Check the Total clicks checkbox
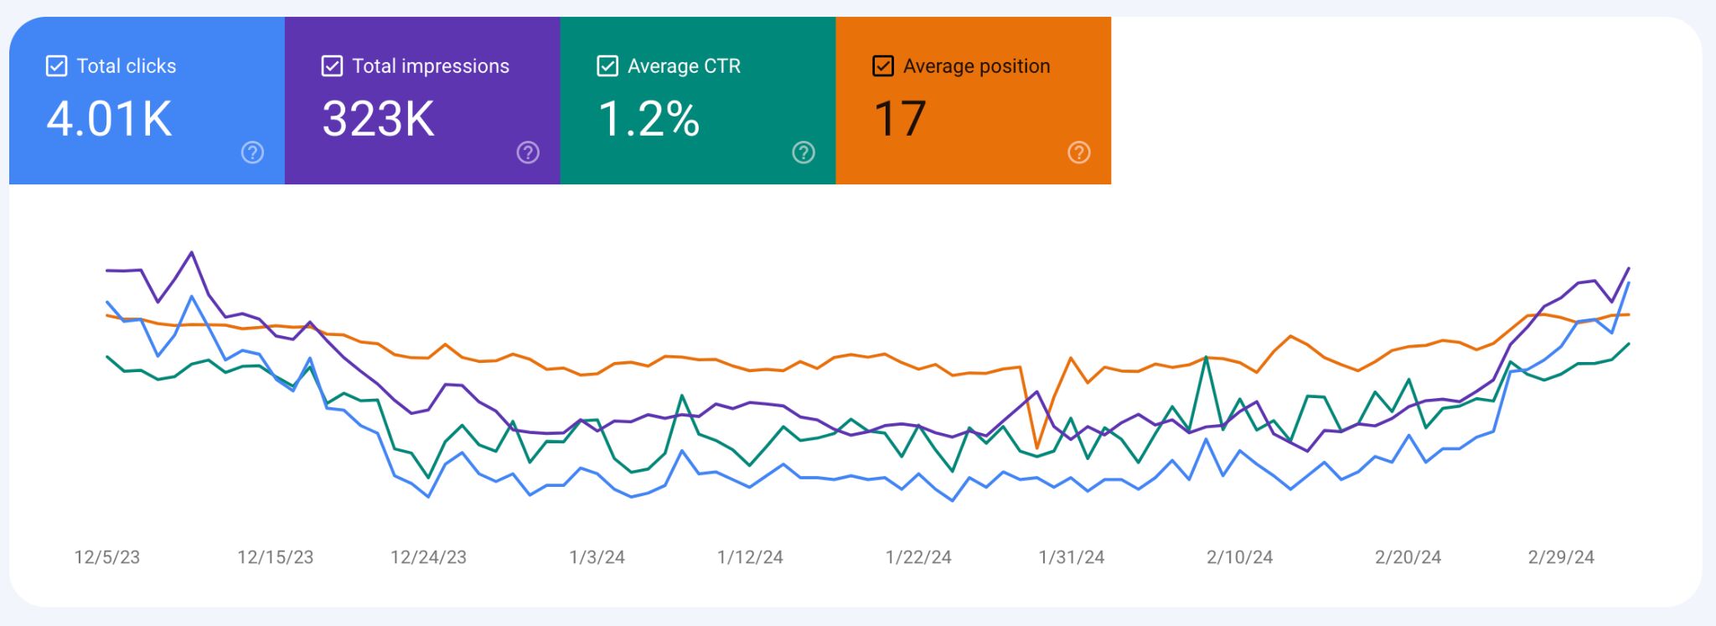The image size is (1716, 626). pyautogui.click(x=56, y=66)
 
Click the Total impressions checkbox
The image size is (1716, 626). pyautogui.click(x=332, y=66)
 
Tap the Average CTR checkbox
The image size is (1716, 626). pyautogui.click(x=607, y=66)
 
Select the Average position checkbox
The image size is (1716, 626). pyautogui.click(x=883, y=66)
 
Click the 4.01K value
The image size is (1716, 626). pyautogui.click(x=109, y=119)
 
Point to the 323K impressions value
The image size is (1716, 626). pyautogui.click(x=379, y=119)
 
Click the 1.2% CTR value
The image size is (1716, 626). pyautogui.click(x=649, y=119)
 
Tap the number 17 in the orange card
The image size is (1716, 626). pyautogui.click(x=900, y=119)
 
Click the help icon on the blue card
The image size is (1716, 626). pyautogui.click(x=252, y=153)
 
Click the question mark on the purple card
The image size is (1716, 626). pyautogui.click(x=528, y=153)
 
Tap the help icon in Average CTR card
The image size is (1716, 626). pyautogui.click(x=804, y=153)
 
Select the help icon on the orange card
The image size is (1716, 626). pyautogui.click(x=1079, y=153)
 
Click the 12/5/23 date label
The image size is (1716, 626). pyautogui.click(x=107, y=557)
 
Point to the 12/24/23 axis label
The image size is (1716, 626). pyautogui.click(x=428, y=557)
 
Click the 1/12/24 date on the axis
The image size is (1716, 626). pyautogui.click(x=750, y=557)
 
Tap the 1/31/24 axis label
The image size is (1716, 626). pyautogui.click(x=1072, y=557)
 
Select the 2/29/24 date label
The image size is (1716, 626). pyautogui.click(x=1561, y=557)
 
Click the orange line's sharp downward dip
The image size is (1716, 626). pyautogui.click(x=1037, y=448)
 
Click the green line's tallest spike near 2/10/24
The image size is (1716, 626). pyautogui.click(x=1206, y=358)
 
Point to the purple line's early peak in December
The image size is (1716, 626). pyautogui.click(x=192, y=252)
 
